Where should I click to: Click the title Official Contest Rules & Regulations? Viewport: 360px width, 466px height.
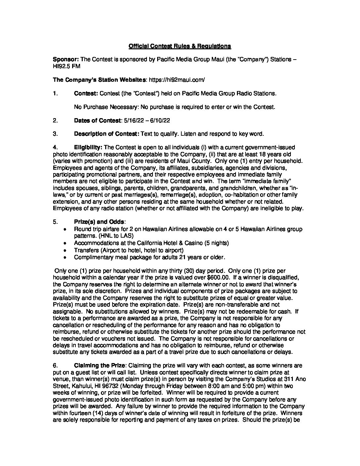[180, 46]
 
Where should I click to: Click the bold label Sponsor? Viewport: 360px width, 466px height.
[66, 59]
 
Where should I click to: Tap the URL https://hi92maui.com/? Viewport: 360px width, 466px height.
[177, 80]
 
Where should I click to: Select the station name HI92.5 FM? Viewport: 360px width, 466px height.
[67, 66]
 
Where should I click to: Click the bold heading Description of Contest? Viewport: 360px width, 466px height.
[107, 134]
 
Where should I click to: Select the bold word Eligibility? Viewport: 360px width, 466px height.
[88, 147]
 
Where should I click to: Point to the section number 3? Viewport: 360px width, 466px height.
[55, 134]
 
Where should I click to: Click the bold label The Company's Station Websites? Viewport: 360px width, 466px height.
[100, 80]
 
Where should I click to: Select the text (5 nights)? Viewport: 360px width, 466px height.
[216, 243]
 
